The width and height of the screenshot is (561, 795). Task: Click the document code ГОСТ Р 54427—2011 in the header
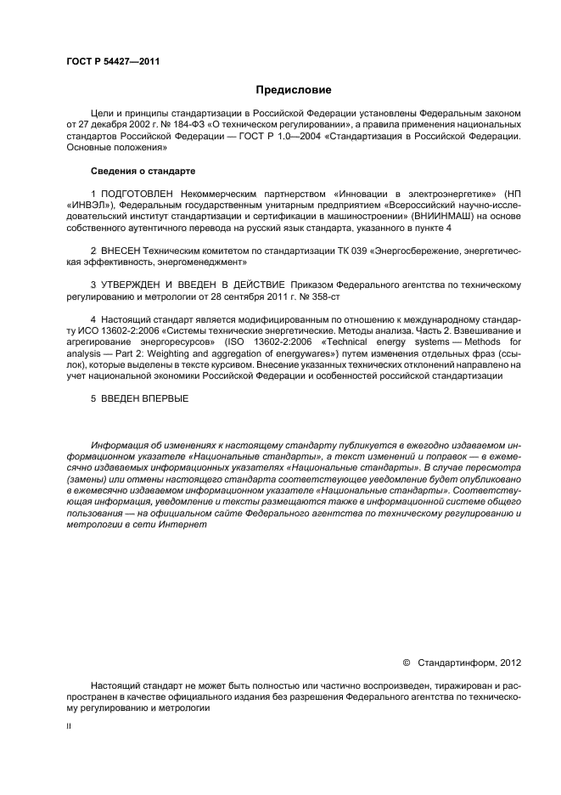pyautogui.click(x=113, y=62)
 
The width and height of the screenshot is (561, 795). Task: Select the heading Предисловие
pyautogui.click(x=294, y=89)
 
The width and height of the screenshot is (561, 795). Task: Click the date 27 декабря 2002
pyautogui.click(x=110, y=124)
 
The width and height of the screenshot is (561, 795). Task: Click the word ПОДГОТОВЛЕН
pyautogui.click(x=137, y=195)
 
